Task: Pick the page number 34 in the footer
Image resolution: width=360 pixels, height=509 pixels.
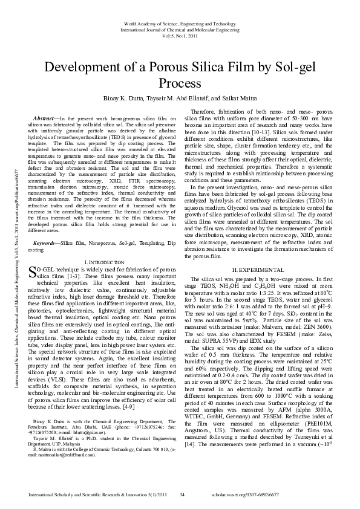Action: [x=182, y=495]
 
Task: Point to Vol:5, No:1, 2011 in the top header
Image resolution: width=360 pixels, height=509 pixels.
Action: [x=182, y=36]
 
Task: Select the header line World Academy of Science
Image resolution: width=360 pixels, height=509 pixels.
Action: [x=182, y=23]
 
